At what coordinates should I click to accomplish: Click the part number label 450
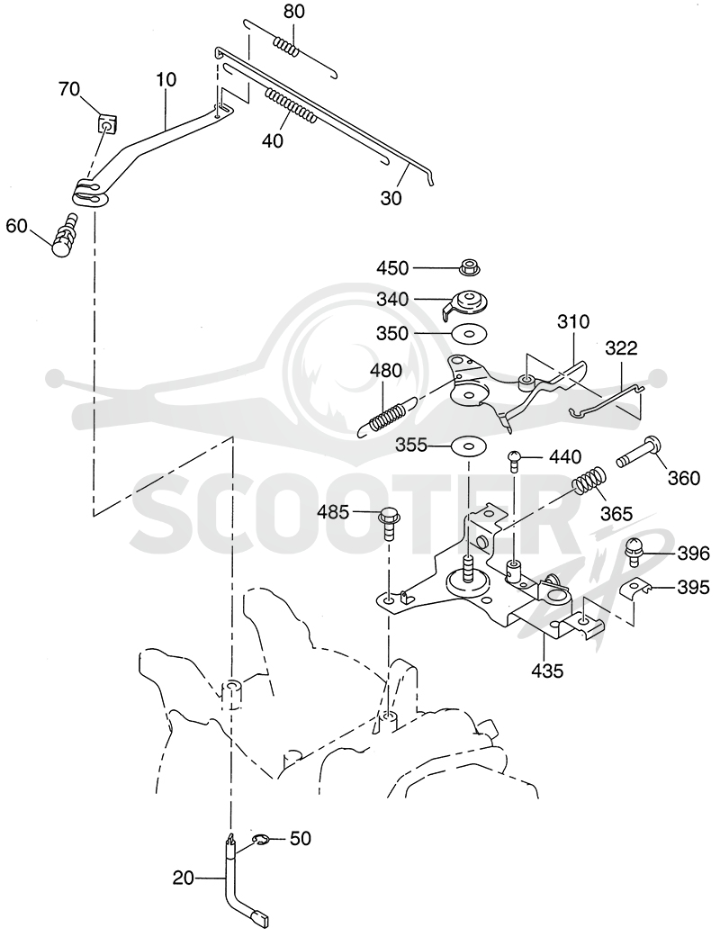392,268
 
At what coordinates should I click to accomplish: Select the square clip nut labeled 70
107,125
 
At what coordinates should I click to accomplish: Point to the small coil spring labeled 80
285,47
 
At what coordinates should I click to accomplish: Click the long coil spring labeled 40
289,106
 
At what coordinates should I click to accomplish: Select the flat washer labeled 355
469,446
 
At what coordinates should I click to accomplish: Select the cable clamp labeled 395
634,589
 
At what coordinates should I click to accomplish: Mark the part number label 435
546,671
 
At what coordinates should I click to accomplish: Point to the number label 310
573,322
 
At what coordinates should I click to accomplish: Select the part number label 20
184,878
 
